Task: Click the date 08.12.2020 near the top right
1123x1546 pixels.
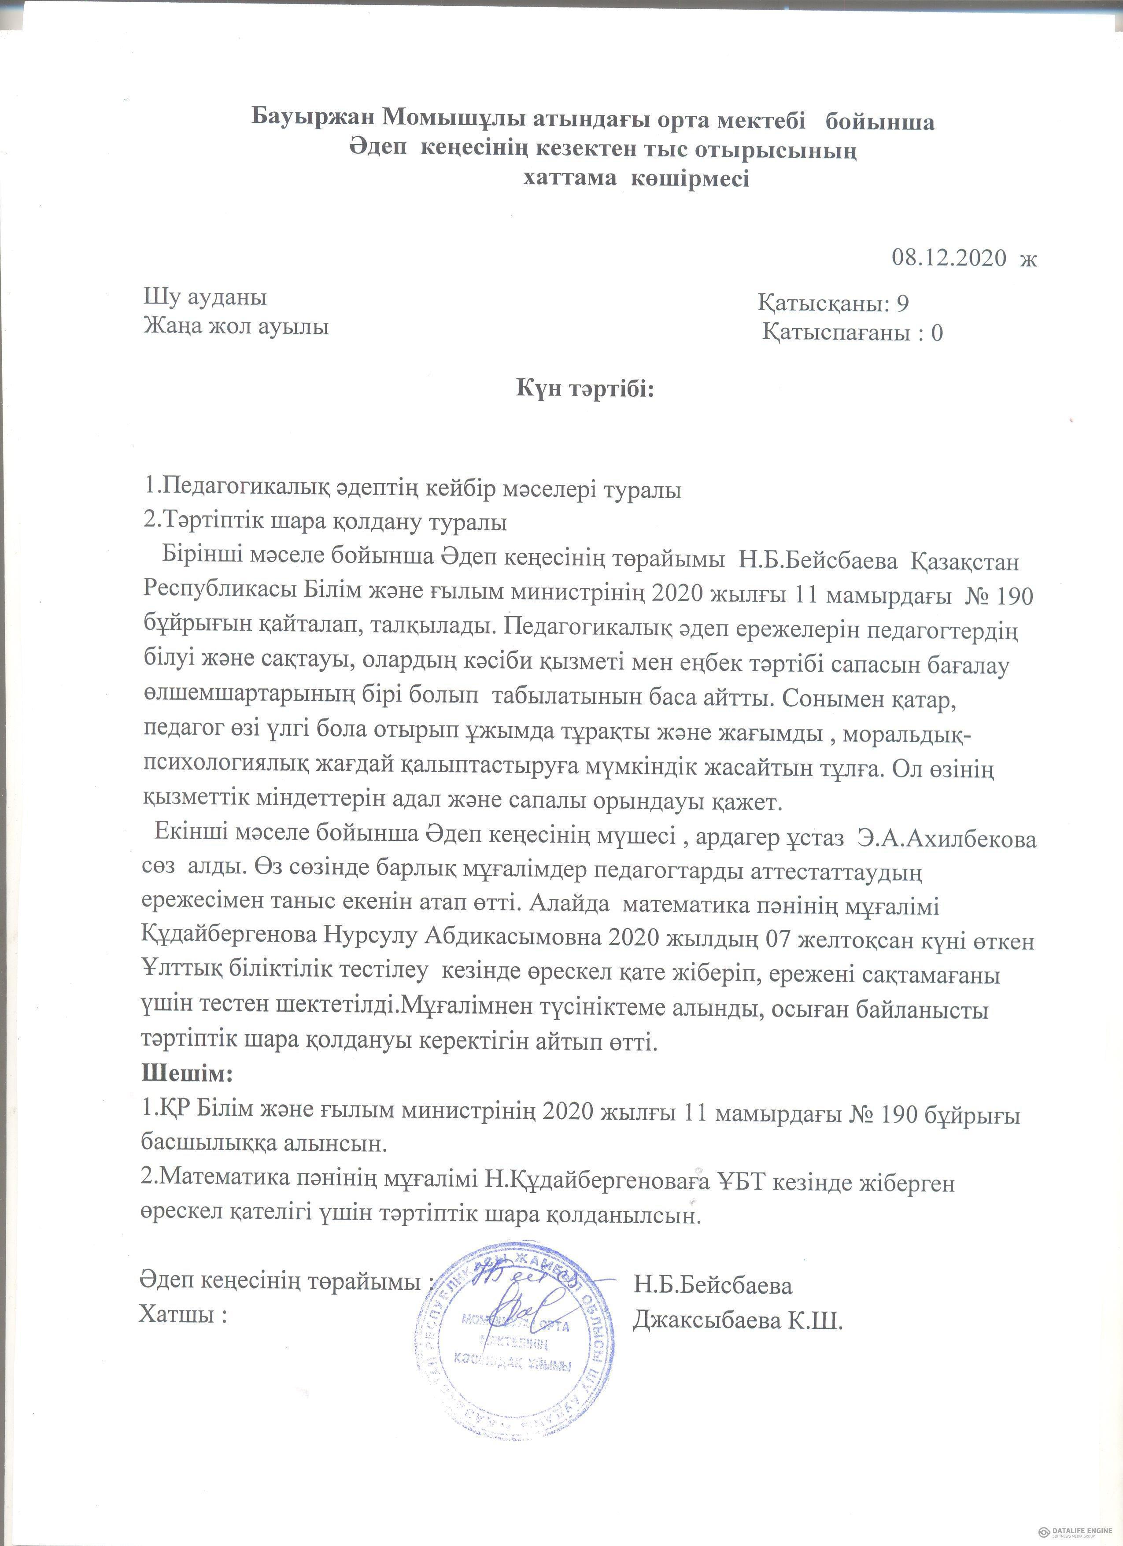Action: (x=949, y=258)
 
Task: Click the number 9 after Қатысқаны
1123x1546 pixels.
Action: (x=902, y=303)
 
